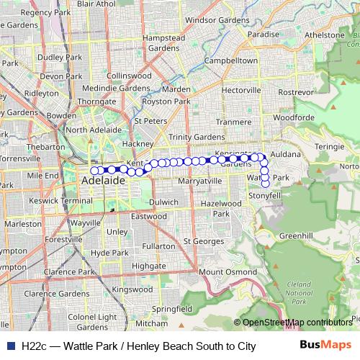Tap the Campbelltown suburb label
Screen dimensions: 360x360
[231, 61]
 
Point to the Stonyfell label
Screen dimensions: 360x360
[264, 196]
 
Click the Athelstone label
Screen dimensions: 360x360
[325, 35]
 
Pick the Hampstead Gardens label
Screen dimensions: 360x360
[164, 42]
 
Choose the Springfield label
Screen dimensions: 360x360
[172, 308]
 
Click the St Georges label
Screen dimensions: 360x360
[204, 241]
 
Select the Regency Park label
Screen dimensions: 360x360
[46, 12]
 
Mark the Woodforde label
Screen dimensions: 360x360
[294, 117]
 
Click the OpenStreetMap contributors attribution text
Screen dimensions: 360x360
[297, 323]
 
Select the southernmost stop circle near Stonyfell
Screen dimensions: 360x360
[266, 184]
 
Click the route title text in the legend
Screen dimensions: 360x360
[138, 346]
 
